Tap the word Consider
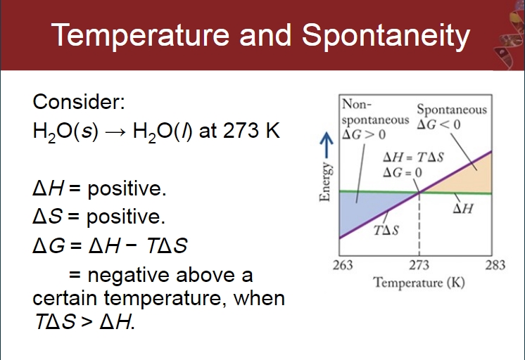79,101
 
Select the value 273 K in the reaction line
251,130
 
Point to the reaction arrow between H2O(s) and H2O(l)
115,132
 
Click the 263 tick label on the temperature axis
343,265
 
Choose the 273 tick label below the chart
419,265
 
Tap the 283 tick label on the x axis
495,265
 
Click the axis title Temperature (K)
419,283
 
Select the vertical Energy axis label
324,182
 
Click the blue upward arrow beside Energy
327,145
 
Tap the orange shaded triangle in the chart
469,179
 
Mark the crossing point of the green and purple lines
419,192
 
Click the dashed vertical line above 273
419,224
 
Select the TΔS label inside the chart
386,231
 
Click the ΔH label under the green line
463,208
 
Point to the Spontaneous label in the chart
452,110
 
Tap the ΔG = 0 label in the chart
402,173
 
